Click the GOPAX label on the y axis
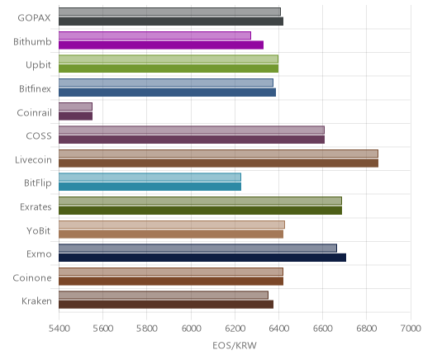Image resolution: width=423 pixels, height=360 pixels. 34,18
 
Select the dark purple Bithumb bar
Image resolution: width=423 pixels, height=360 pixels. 161,45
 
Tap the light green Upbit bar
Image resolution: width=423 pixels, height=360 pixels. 169,59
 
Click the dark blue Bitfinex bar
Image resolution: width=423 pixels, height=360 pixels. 167,92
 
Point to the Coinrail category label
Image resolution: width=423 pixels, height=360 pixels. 35,112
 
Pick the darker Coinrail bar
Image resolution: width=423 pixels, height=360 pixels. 75,116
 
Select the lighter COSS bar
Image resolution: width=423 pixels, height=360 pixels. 192,130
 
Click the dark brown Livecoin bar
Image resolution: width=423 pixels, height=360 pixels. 218,163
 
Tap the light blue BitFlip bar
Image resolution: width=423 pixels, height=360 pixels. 150,177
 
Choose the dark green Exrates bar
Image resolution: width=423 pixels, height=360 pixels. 200,211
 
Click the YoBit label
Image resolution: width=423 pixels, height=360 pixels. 39,230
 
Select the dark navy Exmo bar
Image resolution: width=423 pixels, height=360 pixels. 202,258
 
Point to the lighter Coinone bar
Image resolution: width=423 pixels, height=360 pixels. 171,272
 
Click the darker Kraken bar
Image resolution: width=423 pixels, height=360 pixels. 166,305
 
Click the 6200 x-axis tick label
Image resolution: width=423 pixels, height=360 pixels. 235,329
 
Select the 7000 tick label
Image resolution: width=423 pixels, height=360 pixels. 411,329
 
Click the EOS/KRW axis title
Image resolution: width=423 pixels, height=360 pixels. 235,345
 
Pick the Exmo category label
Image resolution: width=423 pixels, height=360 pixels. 39,254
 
